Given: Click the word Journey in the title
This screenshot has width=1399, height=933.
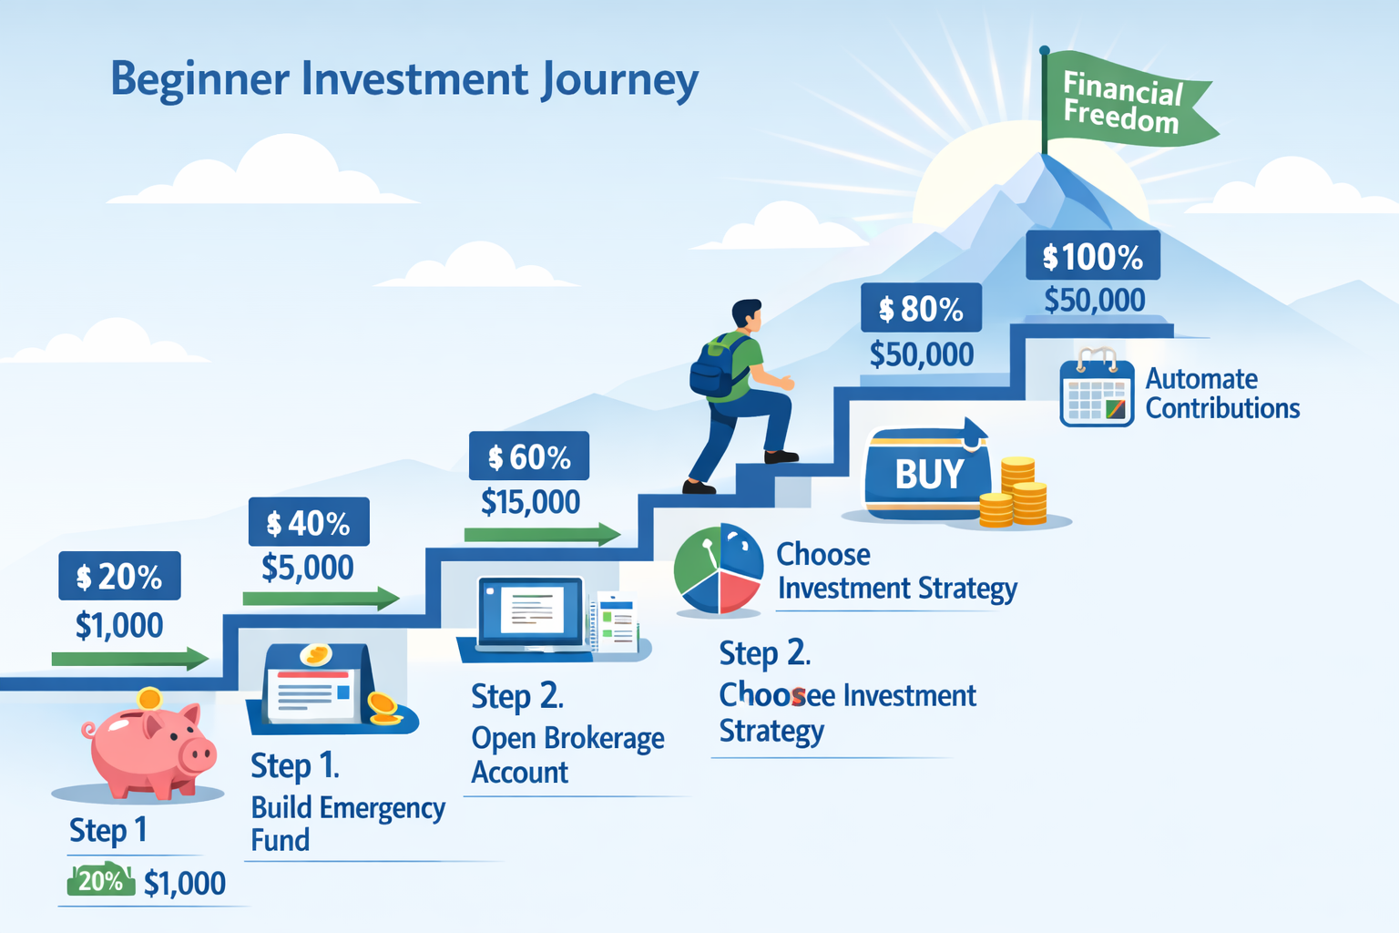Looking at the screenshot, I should coord(619,80).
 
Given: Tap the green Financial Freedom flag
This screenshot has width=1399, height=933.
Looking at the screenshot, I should coord(1125,102).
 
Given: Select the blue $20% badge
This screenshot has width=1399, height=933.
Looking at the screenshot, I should coord(119,576).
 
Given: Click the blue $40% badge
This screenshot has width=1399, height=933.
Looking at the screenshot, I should coord(309,522).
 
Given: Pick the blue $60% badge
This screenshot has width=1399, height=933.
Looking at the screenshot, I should coord(529,456).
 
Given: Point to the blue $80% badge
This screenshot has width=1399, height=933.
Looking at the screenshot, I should coord(921,309).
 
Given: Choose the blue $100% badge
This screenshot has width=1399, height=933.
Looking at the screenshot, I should coord(1093,256).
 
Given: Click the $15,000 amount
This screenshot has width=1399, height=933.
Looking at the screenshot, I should coord(530,502).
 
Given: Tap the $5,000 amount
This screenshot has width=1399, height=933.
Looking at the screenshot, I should coord(308,568).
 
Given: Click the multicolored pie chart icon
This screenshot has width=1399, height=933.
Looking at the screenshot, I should coord(719,569).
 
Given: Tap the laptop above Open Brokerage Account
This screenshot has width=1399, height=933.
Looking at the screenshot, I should coord(530,612).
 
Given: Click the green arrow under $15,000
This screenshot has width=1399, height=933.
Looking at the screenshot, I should coord(542,535).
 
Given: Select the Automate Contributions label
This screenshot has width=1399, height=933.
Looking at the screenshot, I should coord(1221,394).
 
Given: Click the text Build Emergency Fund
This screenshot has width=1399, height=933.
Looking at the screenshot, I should coord(347,823).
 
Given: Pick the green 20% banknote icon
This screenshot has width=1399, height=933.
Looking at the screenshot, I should coord(101,881).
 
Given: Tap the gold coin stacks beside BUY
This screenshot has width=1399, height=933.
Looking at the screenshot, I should coord(1016,495).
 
